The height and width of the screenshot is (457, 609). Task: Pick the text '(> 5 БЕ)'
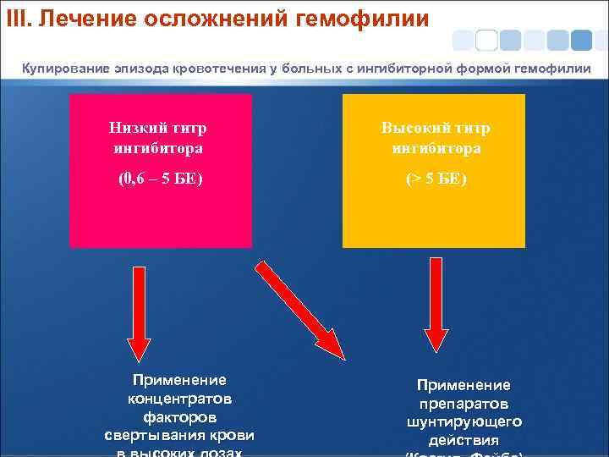coord(436,179)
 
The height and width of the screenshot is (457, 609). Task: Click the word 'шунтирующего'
coord(464,421)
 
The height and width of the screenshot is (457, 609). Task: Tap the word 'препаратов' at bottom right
coord(464,403)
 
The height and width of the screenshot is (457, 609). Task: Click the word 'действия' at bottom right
coord(464,440)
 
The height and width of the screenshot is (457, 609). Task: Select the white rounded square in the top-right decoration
coord(486,40)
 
